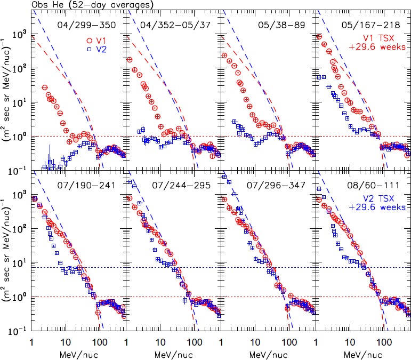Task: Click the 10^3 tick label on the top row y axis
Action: tap(21, 35)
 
